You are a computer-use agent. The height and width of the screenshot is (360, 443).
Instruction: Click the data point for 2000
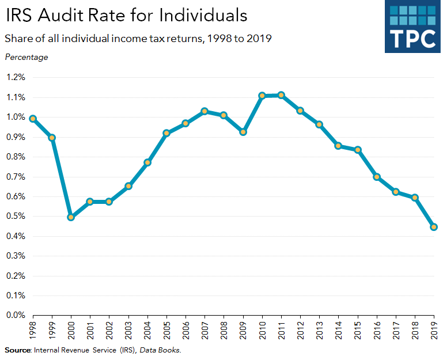71,217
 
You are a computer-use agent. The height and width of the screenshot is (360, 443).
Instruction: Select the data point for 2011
281,95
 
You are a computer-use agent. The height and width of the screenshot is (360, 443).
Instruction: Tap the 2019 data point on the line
434,227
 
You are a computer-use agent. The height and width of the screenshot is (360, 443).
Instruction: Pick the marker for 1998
33,119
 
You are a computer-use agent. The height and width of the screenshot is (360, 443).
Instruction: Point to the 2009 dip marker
243,132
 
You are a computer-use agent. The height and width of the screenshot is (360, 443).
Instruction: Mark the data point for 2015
358,150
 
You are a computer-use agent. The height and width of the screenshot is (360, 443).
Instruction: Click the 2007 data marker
205,111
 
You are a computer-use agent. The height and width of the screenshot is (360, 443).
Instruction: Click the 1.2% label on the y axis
16,77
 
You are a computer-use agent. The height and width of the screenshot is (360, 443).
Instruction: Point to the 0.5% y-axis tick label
16,217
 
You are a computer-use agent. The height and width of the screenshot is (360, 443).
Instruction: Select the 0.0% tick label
16,316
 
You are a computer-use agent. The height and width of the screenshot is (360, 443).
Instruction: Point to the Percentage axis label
26,57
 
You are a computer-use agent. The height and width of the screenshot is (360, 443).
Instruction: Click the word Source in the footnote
17,350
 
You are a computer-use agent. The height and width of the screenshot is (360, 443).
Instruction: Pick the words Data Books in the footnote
164,350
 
